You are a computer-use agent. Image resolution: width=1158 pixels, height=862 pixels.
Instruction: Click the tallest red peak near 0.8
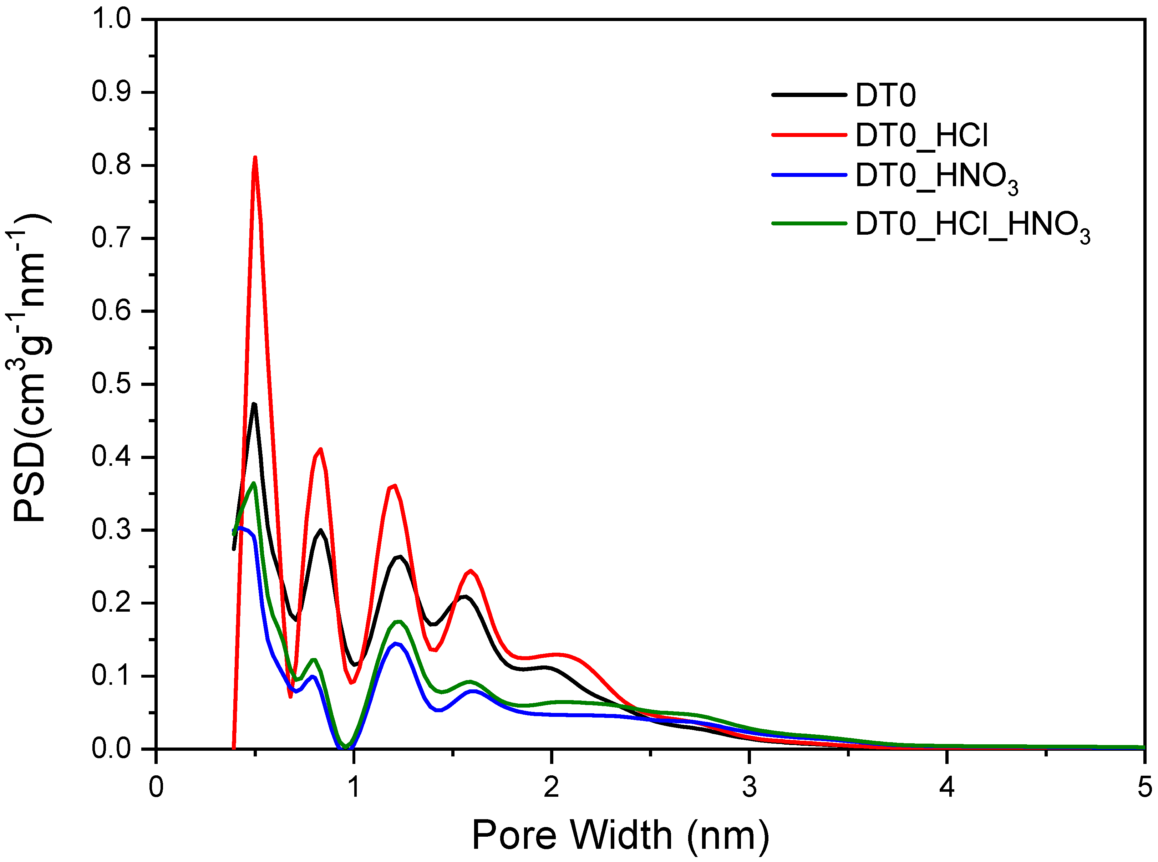(255, 158)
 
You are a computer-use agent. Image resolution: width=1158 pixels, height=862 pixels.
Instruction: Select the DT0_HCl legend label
(921, 136)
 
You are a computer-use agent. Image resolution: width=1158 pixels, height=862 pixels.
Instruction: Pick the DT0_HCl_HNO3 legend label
(972, 225)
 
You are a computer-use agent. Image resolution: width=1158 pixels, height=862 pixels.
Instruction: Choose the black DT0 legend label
(885, 96)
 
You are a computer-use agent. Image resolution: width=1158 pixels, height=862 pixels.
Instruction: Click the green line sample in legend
(808, 223)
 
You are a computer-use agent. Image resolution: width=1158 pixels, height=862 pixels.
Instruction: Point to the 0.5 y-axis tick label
(111, 384)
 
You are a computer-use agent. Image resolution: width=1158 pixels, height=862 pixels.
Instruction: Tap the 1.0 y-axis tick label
(111, 19)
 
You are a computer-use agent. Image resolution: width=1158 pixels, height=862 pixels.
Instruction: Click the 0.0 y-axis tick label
(111, 749)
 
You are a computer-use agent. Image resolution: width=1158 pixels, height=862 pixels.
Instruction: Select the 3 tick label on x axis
(750, 787)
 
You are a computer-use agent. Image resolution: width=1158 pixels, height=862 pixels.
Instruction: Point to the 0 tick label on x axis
(156, 787)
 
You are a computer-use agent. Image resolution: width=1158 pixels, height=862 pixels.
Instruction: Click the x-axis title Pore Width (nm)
(620, 835)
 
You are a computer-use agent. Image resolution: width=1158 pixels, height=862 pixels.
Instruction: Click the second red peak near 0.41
(320, 449)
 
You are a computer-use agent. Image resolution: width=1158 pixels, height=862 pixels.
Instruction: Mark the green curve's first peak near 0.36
(254, 483)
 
